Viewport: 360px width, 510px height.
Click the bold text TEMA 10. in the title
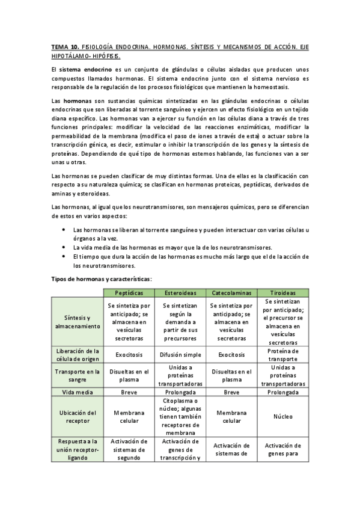(65, 46)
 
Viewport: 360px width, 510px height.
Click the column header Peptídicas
(129, 292)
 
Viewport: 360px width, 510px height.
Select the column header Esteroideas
(180, 292)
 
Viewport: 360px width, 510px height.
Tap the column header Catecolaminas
(232, 292)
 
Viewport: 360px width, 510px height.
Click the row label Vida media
(76, 392)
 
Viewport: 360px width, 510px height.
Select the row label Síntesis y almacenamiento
(76, 322)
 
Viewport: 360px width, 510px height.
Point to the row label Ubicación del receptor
(76, 417)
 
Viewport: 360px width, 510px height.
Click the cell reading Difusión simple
(180, 355)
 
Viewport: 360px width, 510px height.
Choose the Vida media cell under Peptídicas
(129, 392)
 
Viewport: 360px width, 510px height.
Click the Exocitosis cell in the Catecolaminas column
(232, 355)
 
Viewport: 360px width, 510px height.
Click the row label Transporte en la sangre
(76, 375)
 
